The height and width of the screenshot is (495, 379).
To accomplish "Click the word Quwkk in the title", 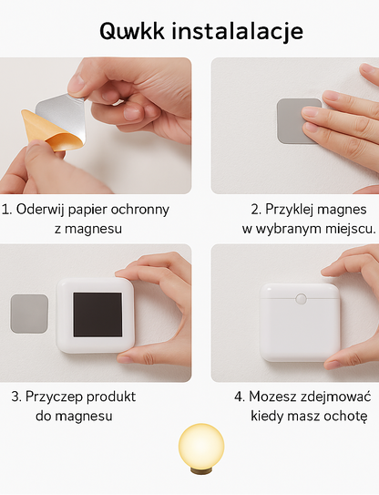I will [131, 31].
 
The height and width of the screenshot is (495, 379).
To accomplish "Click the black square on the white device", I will [97, 315].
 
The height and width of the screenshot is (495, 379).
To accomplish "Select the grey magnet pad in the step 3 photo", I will [29, 313].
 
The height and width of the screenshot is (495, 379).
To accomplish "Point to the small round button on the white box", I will [300, 298].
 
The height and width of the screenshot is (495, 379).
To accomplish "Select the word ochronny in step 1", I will [140, 209].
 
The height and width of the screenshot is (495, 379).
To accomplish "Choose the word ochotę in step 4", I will [346, 416].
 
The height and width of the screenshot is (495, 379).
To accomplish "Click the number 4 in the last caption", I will [238, 397].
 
